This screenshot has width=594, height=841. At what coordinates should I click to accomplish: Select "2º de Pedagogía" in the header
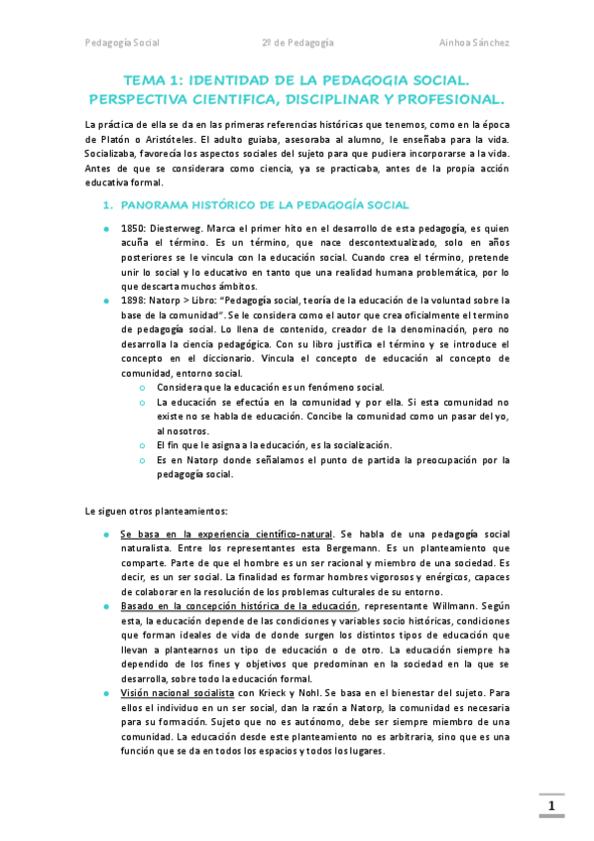[297, 44]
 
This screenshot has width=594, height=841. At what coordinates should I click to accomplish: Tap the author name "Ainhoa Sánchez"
[474, 44]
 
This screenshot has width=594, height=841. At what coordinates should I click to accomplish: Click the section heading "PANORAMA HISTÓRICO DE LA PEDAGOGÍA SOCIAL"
[264, 205]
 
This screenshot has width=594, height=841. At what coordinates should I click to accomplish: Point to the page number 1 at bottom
[552, 806]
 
